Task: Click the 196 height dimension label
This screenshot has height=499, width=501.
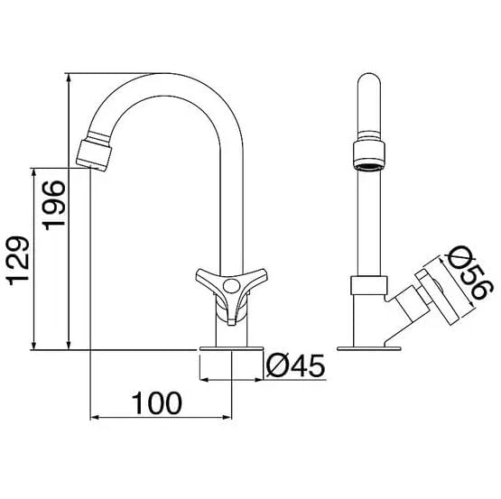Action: [54, 205]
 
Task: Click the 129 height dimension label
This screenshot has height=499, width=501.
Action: [18, 261]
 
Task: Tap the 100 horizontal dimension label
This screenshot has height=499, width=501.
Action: [157, 403]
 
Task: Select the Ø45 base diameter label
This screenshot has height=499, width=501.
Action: [295, 365]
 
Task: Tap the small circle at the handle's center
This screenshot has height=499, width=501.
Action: [231, 285]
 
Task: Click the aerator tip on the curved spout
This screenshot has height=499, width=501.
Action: [95, 155]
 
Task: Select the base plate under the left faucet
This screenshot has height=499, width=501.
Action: [231, 348]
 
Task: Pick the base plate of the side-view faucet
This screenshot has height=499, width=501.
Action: [369, 348]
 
